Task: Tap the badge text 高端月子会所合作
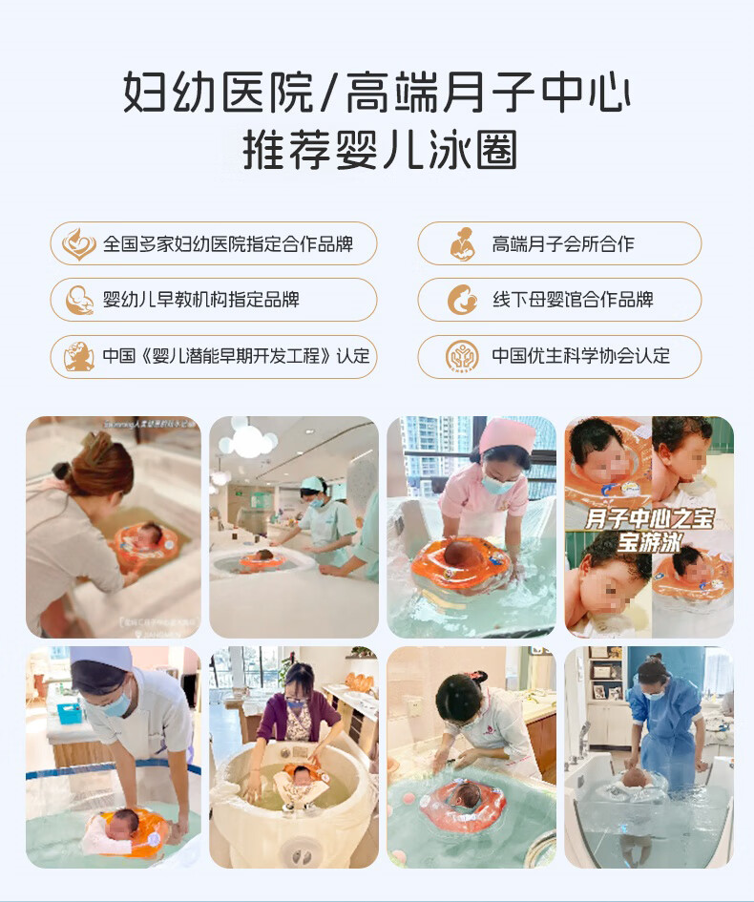point(562,244)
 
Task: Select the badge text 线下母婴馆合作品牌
point(572,300)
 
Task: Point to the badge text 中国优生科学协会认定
point(580,356)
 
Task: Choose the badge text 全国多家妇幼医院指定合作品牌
point(227,244)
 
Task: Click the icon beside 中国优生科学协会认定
point(463,356)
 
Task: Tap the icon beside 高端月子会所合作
point(463,244)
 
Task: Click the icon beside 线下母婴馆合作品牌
point(463,300)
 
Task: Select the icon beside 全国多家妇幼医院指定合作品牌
point(78,244)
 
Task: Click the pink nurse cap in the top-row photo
point(507,434)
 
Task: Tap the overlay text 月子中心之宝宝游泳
point(649,530)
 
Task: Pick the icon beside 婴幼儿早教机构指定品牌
point(78,300)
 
